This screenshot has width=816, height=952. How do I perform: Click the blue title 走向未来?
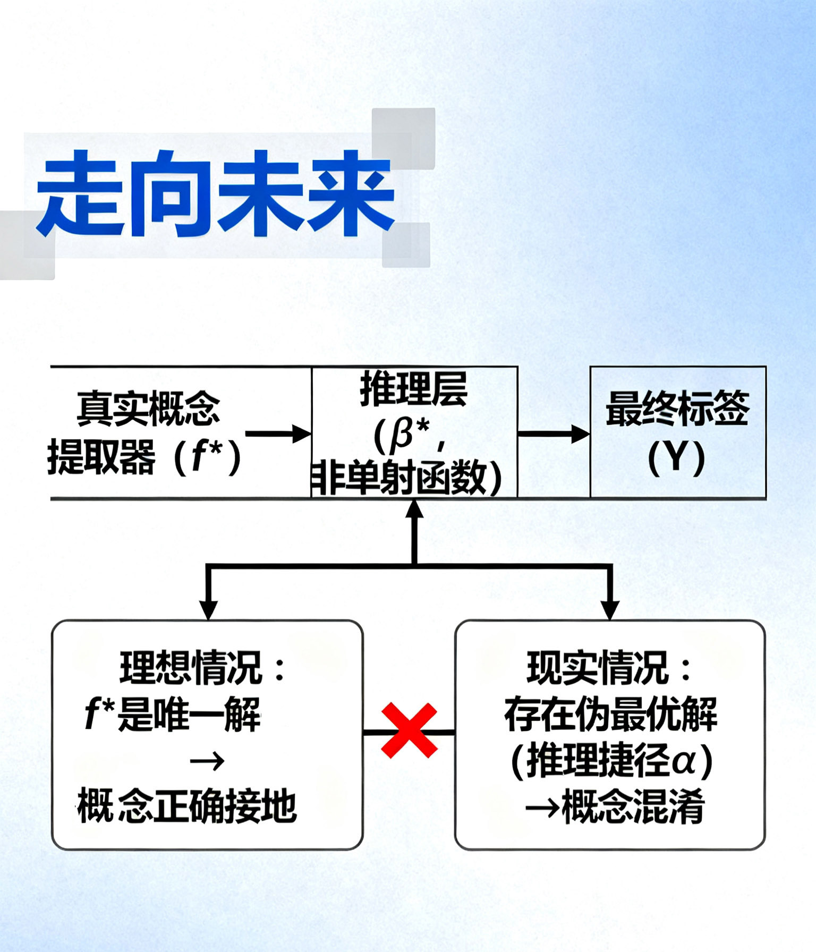215,193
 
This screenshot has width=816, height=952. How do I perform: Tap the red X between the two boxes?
409,730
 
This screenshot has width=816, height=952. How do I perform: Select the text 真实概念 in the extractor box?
148,408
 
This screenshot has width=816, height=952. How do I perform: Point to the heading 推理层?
414,389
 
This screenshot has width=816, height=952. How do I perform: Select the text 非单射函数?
406,478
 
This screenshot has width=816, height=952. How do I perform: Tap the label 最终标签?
677,408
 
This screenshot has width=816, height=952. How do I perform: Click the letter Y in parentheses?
677,456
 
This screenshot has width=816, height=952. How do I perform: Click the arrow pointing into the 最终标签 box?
554,433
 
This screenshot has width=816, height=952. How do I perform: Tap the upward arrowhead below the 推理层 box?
414,509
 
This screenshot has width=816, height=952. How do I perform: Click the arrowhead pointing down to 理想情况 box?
208,609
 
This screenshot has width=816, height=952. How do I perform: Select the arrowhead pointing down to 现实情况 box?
610,609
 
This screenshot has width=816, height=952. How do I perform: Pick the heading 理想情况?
191,668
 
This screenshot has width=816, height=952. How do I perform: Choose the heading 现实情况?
598,668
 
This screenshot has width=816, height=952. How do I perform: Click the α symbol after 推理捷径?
684,761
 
